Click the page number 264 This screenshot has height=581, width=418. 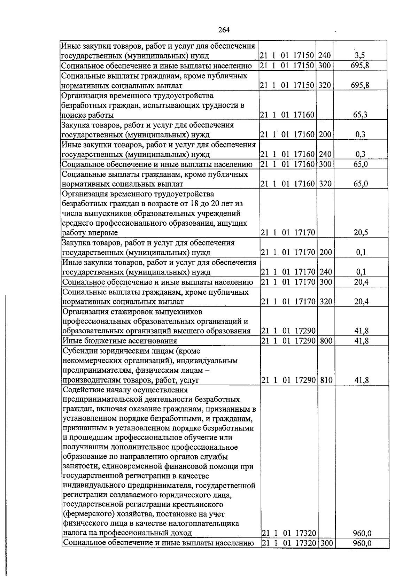pyautogui.click(x=224, y=30)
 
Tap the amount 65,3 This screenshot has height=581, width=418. pyautogui.click(x=360, y=115)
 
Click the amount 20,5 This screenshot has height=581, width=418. pyautogui.click(x=361, y=233)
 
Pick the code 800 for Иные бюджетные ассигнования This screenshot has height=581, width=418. pyautogui.click(x=326, y=341)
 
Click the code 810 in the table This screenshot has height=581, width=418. pyautogui.click(x=326, y=380)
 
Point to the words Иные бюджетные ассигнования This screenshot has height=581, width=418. pyautogui.click(x=119, y=341)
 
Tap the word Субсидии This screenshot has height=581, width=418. pyautogui.click(x=78, y=351)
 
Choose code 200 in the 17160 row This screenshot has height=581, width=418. pyautogui.click(x=325, y=134)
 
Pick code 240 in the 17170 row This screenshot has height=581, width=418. pyautogui.click(x=326, y=272)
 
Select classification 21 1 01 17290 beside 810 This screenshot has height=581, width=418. pyautogui.click(x=288, y=380)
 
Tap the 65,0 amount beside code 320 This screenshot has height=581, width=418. pyautogui.click(x=361, y=184)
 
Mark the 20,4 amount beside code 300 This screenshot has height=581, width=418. pyautogui.click(x=361, y=282)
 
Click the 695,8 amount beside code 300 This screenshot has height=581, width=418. pyautogui.click(x=360, y=65)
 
